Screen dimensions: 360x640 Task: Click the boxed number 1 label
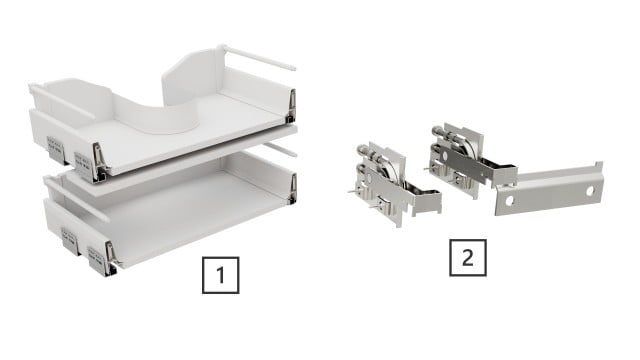(x=220, y=272)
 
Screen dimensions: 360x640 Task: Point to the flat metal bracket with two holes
(x=550, y=189)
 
